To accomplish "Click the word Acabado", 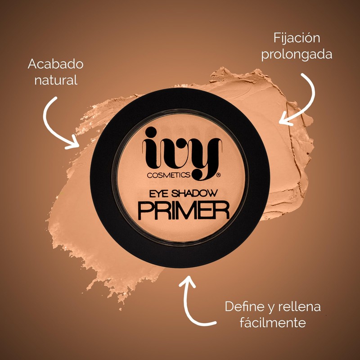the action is [x=55, y=64].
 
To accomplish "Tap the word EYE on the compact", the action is [x=155, y=194].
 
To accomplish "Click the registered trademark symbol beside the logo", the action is [x=218, y=173].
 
